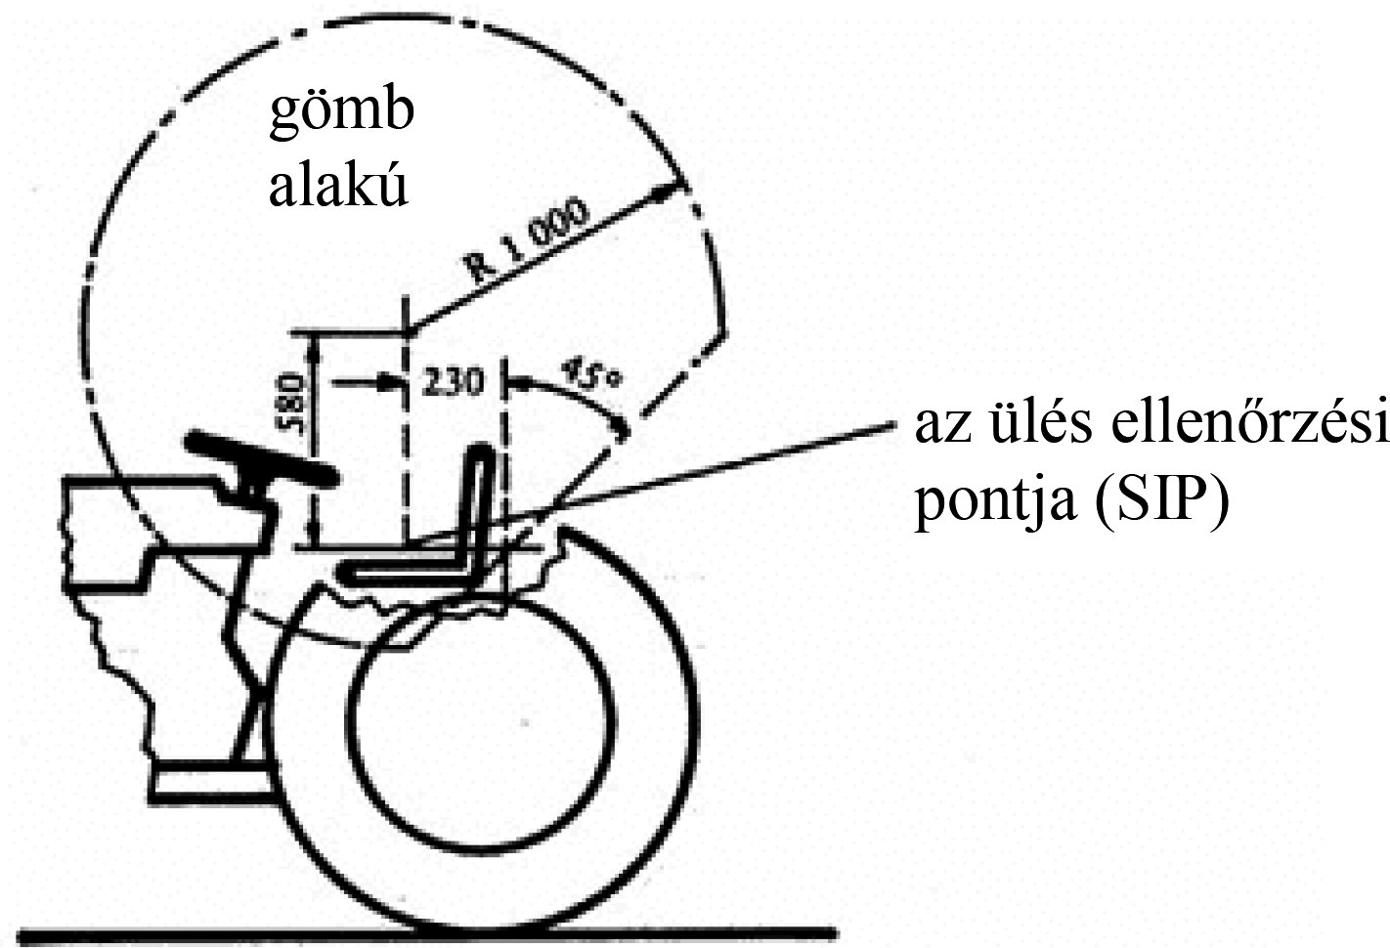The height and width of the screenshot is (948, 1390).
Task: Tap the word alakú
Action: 337,189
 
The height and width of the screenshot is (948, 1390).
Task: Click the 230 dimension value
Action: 451,382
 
